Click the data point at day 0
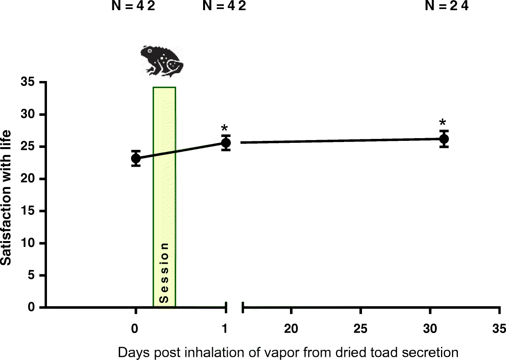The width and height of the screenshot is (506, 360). point(136,158)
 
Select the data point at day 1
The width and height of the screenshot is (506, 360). point(226,143)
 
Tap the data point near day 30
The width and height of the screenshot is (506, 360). point(444,139)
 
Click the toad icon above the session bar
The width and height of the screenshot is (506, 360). point(162,61)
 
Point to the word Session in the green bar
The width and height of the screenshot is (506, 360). point(164,273)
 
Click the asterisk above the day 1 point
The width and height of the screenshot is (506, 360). point(224,128)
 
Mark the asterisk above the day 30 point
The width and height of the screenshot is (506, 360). point(443,122)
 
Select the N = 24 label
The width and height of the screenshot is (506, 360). point(447,5)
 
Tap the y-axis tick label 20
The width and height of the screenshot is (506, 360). point(28,179)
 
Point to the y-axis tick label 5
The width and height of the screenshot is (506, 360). point(31,275)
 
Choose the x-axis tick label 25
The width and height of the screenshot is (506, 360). point(360,329)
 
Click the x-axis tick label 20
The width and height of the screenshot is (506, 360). point(291,329)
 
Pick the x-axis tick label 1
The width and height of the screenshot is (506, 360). point(225,329)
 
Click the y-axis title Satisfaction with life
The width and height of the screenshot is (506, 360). point(5,198)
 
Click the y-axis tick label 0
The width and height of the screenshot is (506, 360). point(31,307)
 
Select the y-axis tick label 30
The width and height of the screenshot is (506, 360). point(28,114)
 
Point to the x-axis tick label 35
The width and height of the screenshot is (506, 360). point(499,329)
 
